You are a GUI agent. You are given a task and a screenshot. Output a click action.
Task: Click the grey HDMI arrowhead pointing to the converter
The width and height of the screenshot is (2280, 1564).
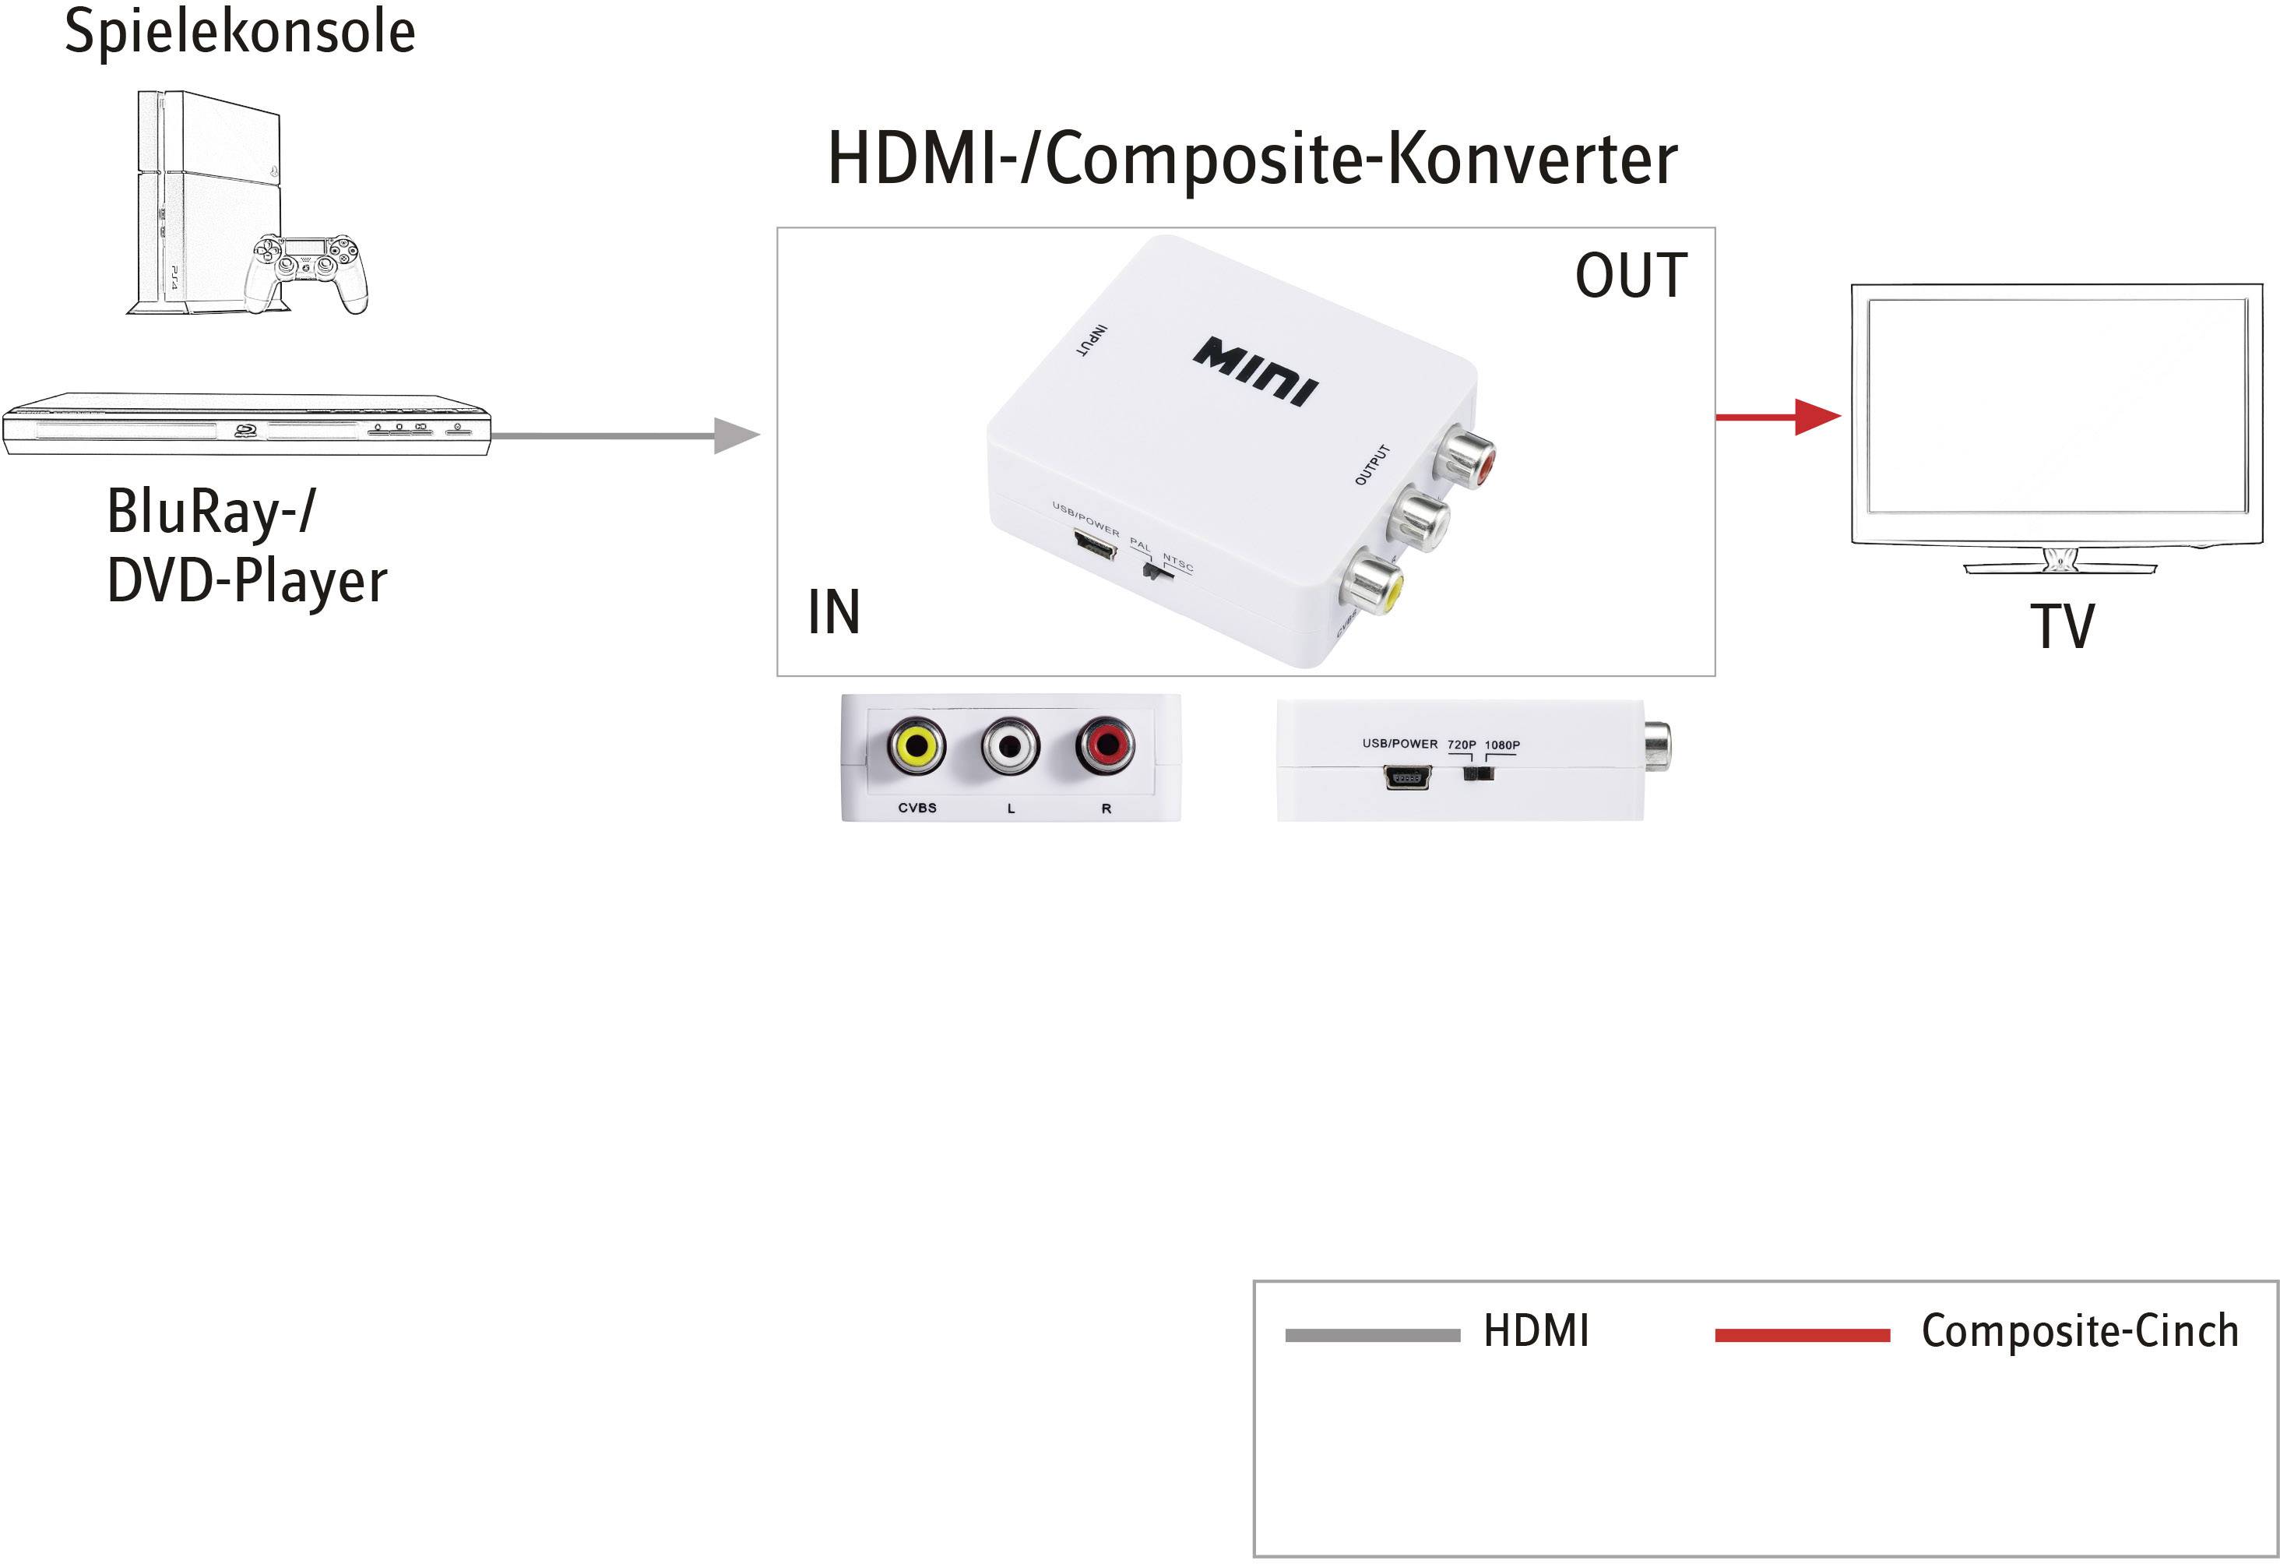pos(736,435)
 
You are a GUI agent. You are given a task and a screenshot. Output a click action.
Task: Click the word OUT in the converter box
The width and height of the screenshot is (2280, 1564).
pos(1631,276)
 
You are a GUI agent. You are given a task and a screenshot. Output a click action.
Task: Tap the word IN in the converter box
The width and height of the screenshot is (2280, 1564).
pos(833,612)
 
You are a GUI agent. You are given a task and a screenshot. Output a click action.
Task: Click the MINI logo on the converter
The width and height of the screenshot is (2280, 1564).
pos(1256,371)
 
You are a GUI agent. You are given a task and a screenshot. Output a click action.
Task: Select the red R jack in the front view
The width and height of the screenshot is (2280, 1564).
pos(1105,745)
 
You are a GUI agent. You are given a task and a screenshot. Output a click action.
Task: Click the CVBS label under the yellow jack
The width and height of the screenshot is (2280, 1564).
pos(917,808)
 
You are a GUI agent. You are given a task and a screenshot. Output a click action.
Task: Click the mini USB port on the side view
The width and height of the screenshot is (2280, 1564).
pos(1407,778)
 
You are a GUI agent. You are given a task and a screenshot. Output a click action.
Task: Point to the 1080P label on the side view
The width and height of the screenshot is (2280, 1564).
pos(1502,745)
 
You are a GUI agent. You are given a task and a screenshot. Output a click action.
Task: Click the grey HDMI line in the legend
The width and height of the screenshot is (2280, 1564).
pos(1371,1335)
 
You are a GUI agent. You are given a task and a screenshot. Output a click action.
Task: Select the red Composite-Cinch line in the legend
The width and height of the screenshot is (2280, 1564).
pos(1802,1335)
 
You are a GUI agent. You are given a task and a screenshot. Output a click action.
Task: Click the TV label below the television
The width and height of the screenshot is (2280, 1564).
pos(2061,627)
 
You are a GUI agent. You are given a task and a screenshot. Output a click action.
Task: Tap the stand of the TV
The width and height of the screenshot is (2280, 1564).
pos(2060,562)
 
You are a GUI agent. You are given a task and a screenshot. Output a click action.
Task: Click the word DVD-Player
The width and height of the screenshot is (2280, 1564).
pos(246,582)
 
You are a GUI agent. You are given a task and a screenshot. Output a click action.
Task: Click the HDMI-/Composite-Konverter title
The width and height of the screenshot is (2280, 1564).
pos(1252,160)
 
